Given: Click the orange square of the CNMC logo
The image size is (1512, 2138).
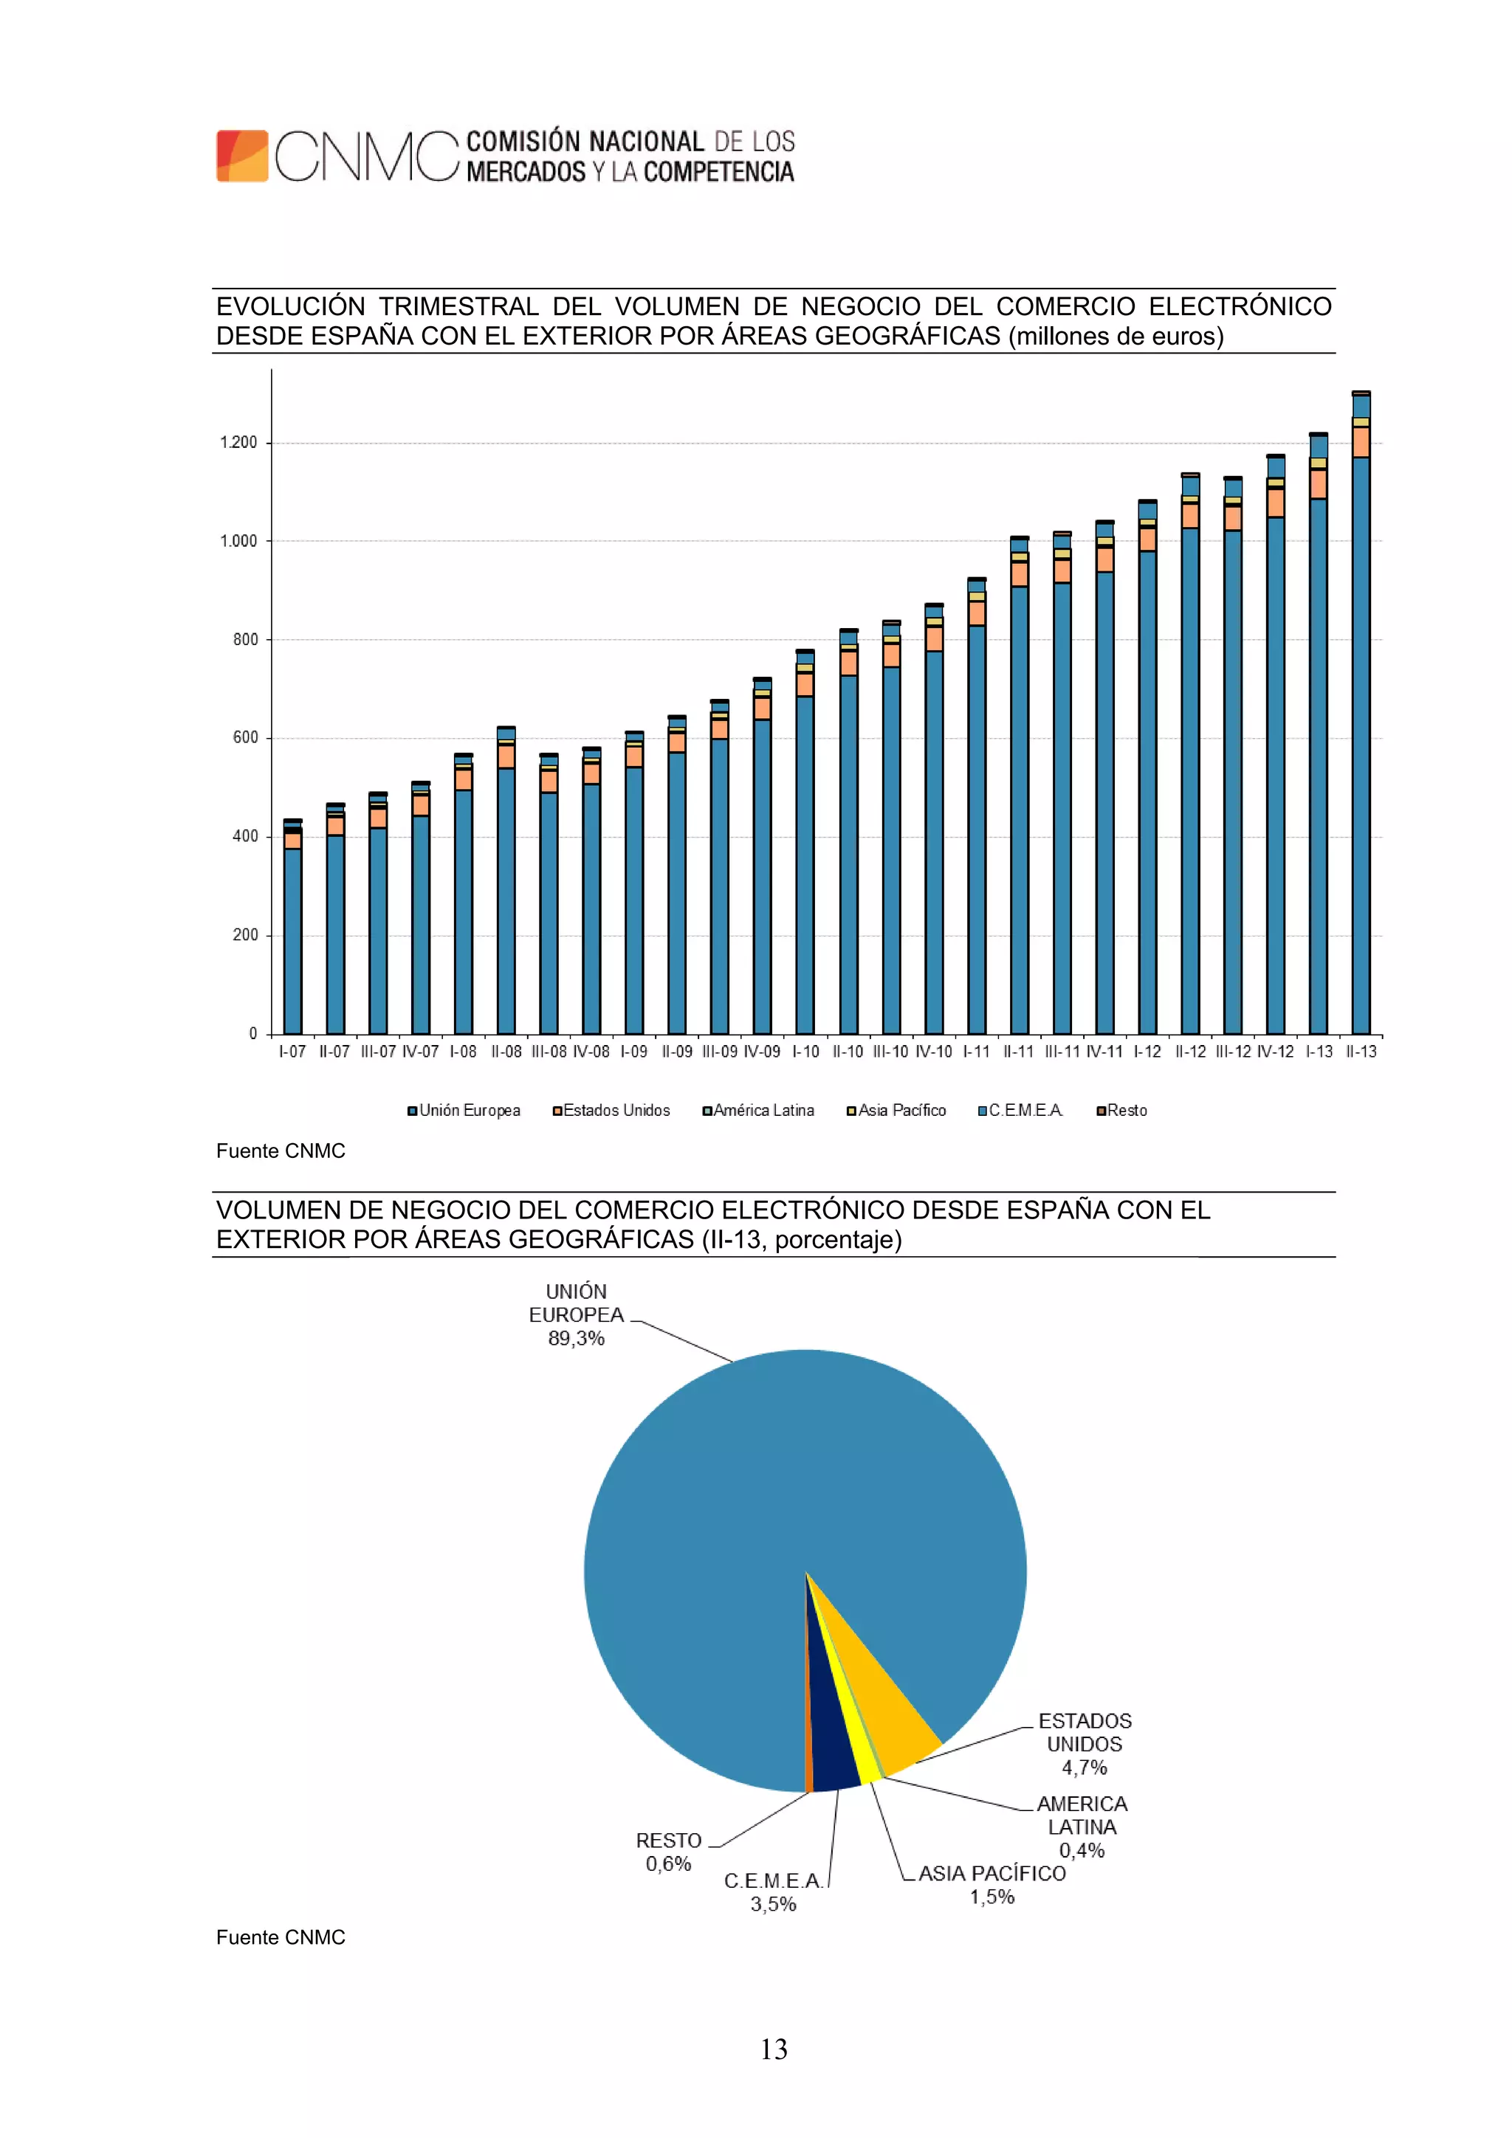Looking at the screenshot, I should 242,156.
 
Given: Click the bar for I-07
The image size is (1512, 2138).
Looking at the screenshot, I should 292,931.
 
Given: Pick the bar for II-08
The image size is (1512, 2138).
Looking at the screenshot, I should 506,885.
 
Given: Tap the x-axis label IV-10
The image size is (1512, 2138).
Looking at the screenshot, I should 933,1052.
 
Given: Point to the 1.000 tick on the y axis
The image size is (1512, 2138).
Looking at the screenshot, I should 238,541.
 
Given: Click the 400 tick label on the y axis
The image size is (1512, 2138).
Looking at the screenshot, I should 245,836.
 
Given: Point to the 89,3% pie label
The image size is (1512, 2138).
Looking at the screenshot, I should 576,1338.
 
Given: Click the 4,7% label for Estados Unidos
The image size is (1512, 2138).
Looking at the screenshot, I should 1085,1767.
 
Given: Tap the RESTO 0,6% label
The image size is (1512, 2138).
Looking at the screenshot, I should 668,1852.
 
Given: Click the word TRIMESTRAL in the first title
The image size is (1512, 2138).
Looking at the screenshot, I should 458,306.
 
